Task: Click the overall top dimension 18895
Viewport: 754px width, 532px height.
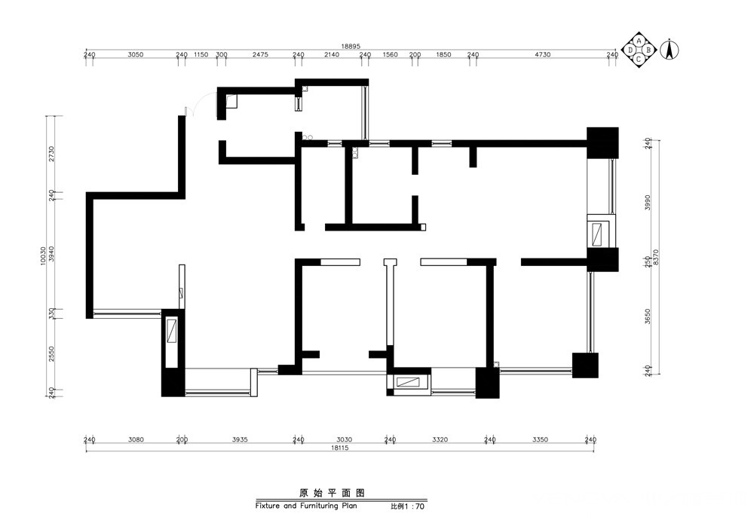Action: pos(351,46)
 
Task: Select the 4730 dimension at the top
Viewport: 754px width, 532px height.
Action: pos(542,55)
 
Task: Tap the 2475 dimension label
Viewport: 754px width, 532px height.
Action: pos(260,55)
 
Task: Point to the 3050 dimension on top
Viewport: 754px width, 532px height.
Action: pos(136,55)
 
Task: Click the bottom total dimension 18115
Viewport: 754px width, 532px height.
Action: pos(339,448)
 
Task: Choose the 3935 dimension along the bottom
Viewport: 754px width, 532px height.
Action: pos(240,439)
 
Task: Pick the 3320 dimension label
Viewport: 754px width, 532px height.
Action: pos(440,439)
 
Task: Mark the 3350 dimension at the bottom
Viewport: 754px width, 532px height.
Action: pos(540,439)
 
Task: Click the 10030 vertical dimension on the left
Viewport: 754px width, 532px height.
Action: pos(43,255)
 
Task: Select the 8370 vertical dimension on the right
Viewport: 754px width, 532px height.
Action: pos(655,258)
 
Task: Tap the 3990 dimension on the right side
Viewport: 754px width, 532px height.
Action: pos(647,202)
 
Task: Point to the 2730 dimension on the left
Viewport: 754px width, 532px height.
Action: pos(51,154)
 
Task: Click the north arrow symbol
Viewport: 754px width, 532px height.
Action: pos(668,50)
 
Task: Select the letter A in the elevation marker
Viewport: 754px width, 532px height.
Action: pos(639,41)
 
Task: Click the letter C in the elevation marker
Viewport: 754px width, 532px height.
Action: pos(639,60)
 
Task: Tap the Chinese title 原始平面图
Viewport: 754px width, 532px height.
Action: pos(332,493)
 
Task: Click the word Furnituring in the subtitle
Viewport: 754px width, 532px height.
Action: pos(320,506)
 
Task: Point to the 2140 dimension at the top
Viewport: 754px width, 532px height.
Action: pos(331,55)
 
